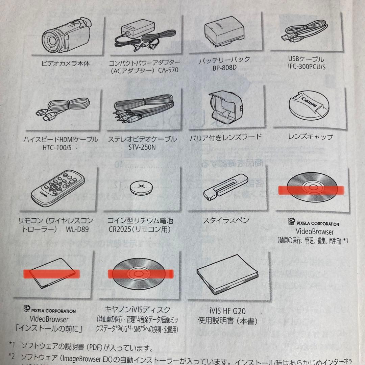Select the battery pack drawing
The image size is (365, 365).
point(223,33)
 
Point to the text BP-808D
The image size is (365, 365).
point(224,67)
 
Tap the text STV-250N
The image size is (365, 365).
point(142,147)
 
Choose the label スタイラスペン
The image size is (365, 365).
point(226,220)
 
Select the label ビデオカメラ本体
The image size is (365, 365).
point(65,63)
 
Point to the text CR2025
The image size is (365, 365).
point(119,229)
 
